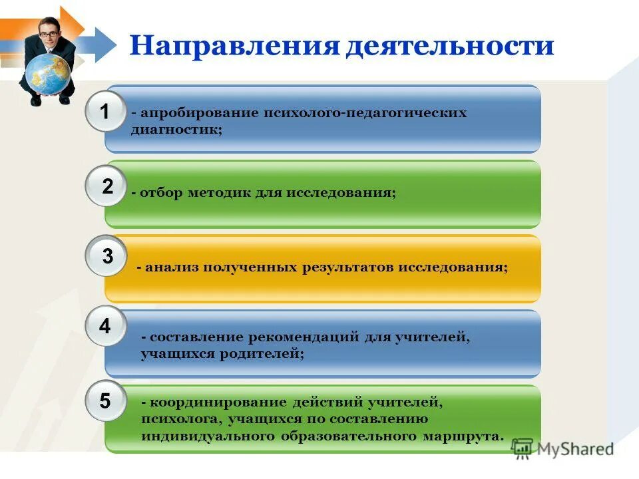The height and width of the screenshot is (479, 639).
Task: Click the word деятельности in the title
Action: click(450, 46)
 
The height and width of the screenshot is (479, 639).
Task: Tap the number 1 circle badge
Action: click(105, 112)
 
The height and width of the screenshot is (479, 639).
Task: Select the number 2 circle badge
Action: click(106, 187)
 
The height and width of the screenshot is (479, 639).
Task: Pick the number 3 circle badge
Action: click(106, 255)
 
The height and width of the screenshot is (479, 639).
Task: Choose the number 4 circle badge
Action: click(105, 326)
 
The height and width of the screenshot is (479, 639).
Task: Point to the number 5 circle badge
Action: click(105, 401)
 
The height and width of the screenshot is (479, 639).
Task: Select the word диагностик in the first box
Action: click(176, 130)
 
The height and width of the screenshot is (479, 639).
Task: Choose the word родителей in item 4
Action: click(263, 354)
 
